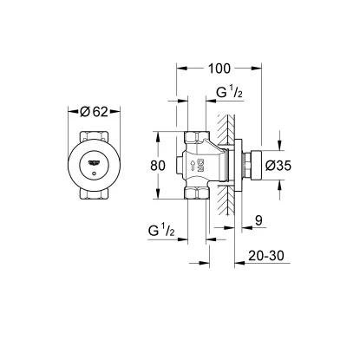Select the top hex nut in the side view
click(x=196, y=136)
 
